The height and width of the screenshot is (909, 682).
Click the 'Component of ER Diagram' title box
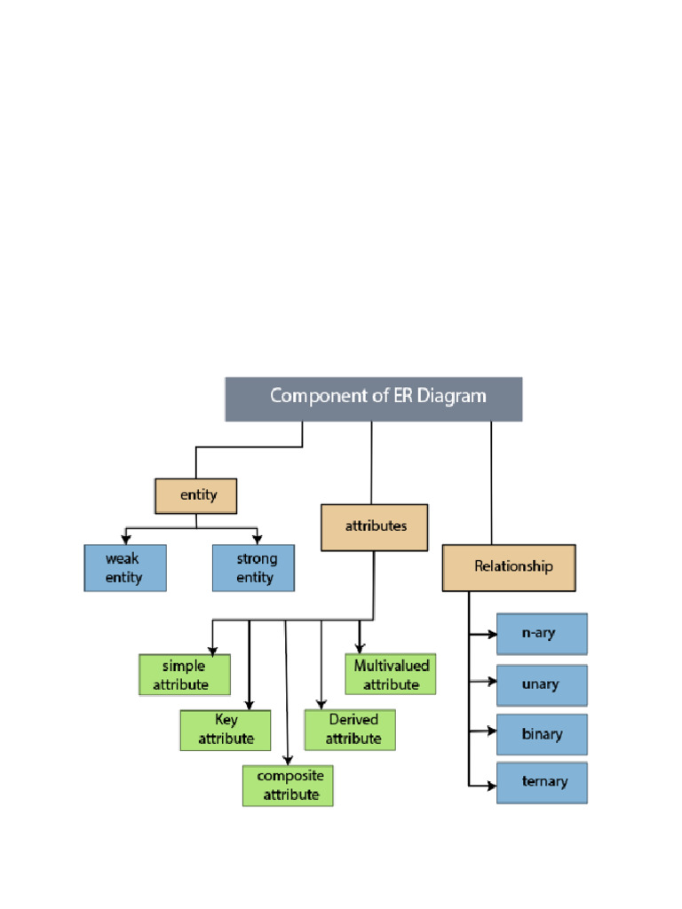click(x=373, y=399)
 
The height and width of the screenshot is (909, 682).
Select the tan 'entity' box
click(x=196, y=495)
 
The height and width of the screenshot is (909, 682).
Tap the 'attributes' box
click(x=374, y=527)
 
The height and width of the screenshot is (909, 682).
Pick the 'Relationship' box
click(x=509, y=567)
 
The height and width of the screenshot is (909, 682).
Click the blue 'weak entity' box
click(x=124, y=568)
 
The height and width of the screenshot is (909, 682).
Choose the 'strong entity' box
click(x=254, y=568)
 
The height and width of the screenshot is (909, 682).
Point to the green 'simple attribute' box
click(x=185, y=675)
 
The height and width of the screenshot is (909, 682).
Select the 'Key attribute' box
click(x=226, y=730)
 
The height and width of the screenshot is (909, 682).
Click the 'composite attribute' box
click(x=288, y=786)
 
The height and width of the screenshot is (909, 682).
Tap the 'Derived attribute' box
click(x=350, y=730)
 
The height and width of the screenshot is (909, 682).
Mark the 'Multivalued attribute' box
click(x=391, y=675)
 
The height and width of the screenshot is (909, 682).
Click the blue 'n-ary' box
click(x=542, y=634)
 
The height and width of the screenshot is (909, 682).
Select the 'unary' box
click(x=542, y=684)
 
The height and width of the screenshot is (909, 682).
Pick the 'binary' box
click(x=542, y=734)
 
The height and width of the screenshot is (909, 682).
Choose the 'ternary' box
click(x=542, y=783)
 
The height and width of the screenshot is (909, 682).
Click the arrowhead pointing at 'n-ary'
click(x=491, y=634)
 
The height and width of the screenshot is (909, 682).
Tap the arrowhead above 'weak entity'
click(x=126, y=540)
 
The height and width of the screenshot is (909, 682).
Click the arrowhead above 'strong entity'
click(x=258, y=540)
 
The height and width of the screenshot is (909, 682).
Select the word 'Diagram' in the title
click(x=455, y=395)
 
